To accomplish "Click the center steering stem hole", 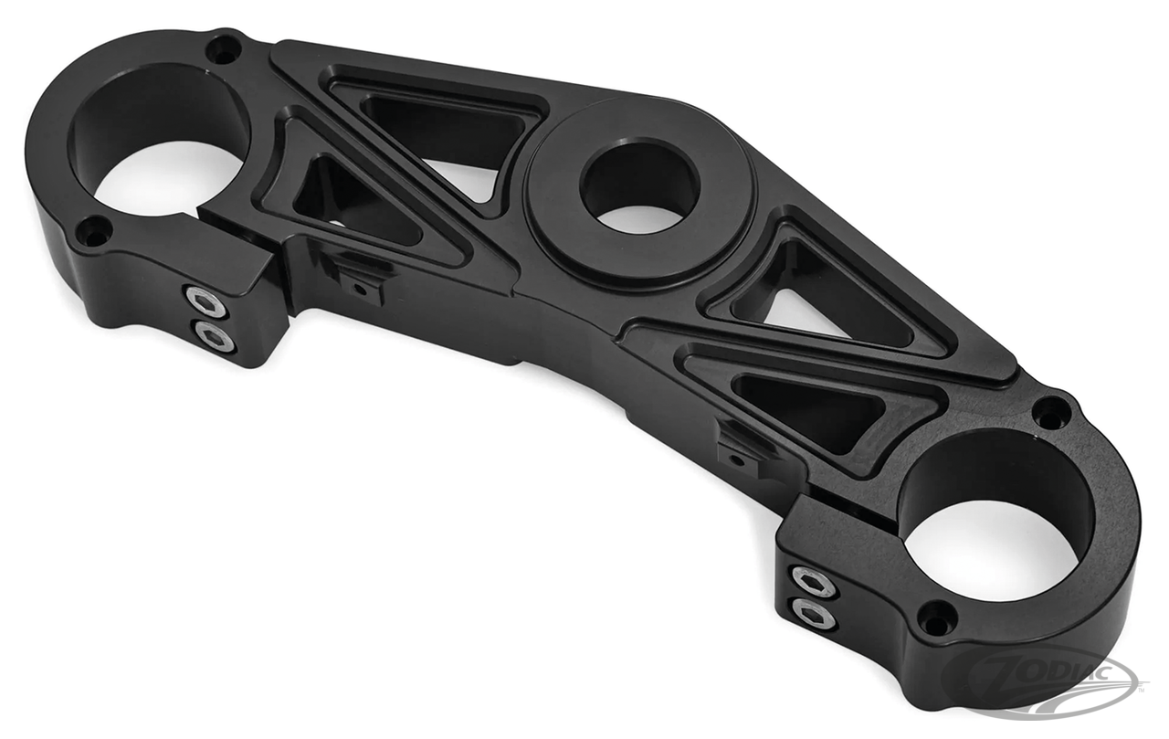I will click(639, 187).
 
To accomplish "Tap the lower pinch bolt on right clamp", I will click(813, 613).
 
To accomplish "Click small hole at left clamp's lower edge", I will click(93, 230).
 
